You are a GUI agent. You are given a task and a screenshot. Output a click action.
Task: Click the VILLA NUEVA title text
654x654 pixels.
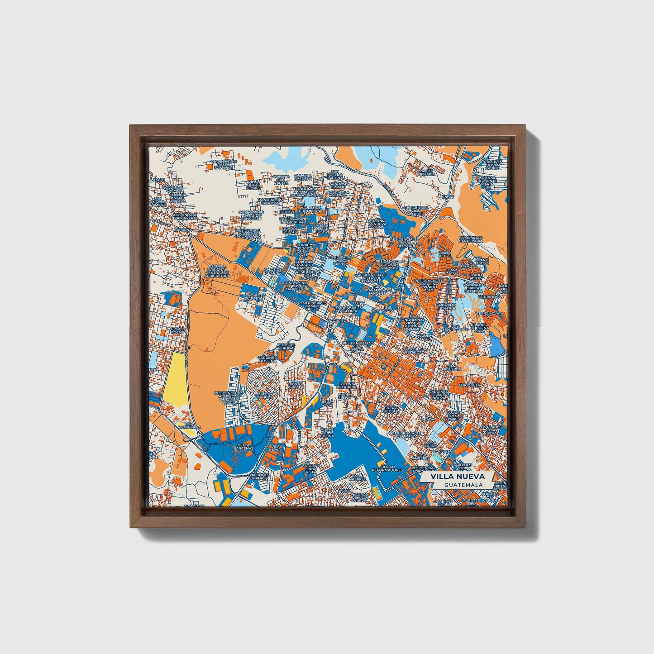point(457,477)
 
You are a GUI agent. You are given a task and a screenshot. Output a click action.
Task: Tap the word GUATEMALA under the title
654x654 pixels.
point(463,485)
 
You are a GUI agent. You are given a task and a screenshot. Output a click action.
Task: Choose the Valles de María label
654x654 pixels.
point(426,172)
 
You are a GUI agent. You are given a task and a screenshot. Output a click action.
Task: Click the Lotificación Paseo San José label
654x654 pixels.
point(224,164)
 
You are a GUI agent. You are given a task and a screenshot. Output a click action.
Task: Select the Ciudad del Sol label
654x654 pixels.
point(391,409)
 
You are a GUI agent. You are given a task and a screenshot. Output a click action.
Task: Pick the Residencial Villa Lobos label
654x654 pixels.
point(415,210)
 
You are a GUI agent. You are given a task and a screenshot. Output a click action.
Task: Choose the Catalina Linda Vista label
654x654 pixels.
point(311,468)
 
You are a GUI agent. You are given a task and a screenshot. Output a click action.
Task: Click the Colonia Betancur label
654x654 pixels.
point(347,386)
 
